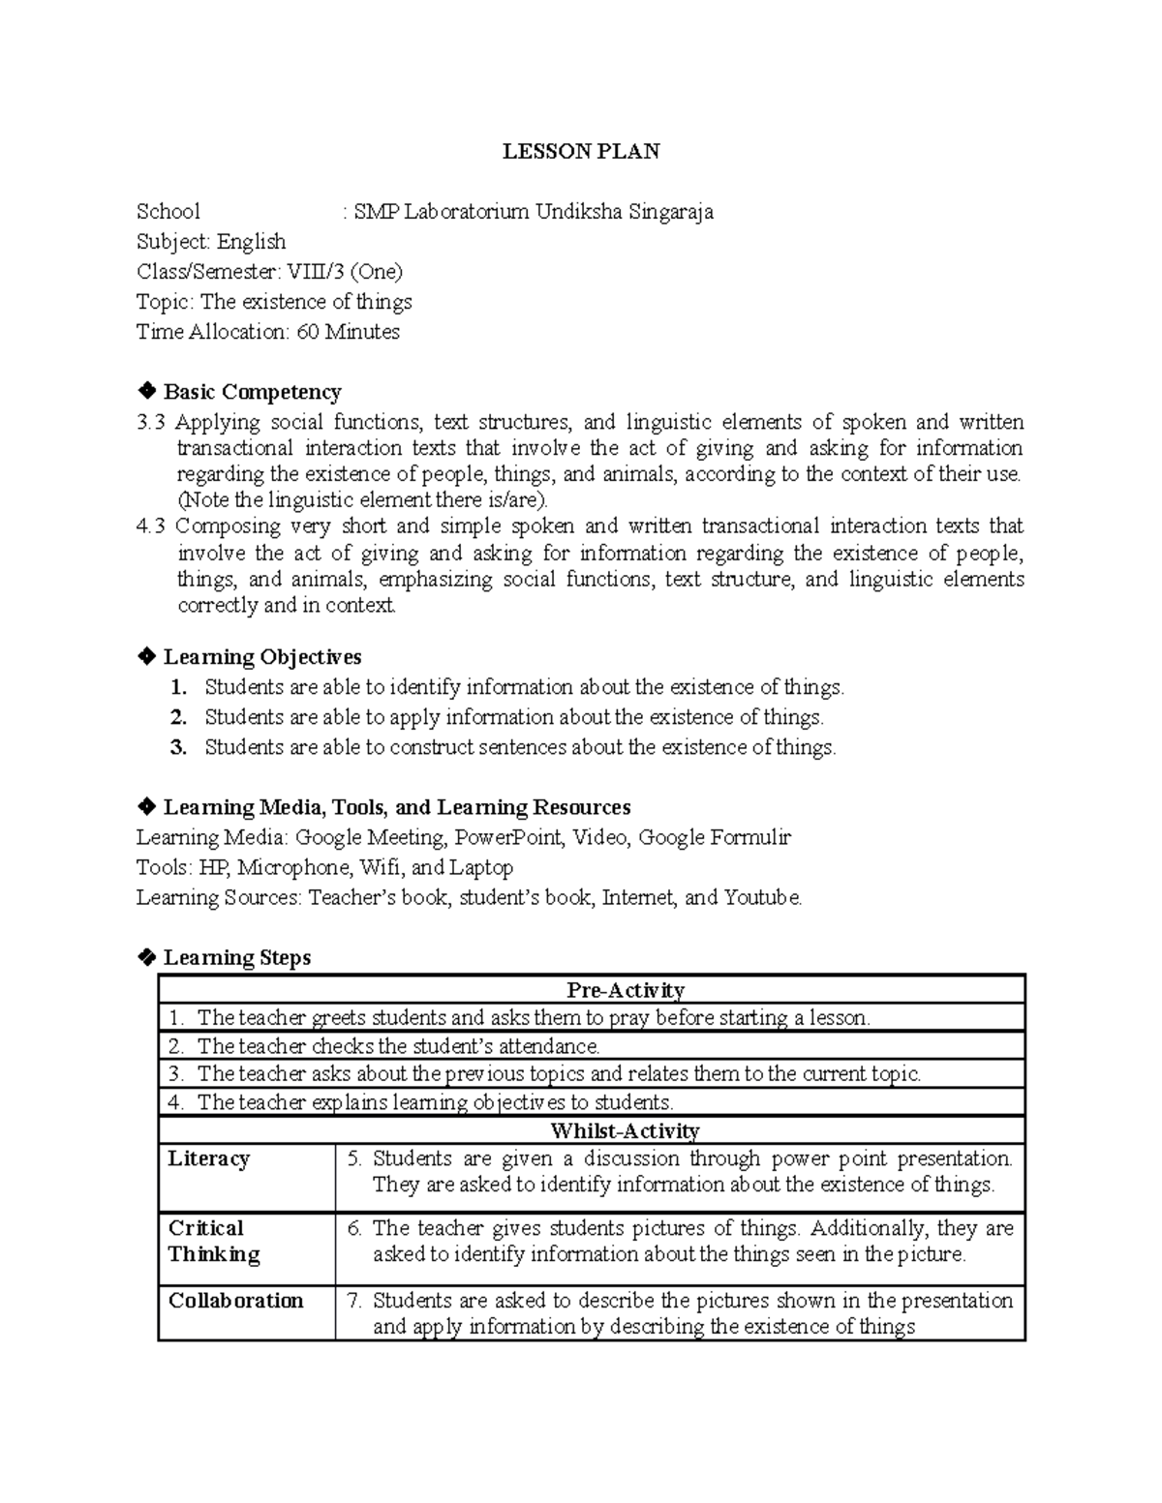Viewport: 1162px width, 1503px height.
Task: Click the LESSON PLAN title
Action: tap(581, 151)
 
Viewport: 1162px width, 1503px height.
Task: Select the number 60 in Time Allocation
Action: tap(307, 332)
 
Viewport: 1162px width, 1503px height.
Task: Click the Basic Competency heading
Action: tap(252, 392)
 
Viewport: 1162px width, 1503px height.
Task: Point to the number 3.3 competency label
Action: tap(152, 422)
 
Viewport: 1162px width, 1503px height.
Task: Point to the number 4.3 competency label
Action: tap(152, 526)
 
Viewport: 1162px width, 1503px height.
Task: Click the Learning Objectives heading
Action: tap(261, 657)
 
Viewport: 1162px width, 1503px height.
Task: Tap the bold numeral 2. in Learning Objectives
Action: tap(177, 717)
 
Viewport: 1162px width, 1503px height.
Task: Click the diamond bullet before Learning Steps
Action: tap(146, 957)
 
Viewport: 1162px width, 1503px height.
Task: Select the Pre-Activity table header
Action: tap(626, 990)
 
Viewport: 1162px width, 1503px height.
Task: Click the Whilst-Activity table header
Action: tap(625, 1130)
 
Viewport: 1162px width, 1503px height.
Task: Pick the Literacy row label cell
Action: tap(209, 1159)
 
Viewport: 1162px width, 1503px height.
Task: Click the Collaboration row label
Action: tap(236, 1301)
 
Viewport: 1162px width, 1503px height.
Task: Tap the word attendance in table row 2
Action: tap(548, 1046)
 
